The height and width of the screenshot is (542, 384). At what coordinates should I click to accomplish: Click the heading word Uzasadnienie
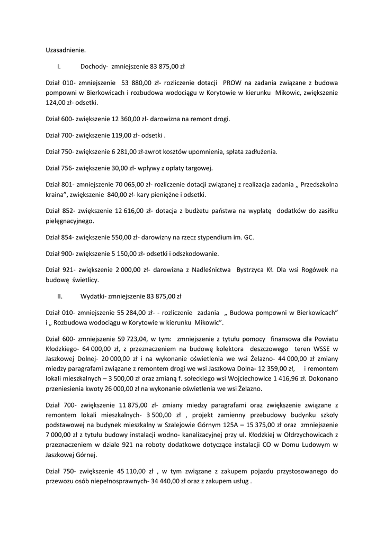pos(66,50)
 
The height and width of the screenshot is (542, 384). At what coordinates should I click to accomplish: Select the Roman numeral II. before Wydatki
pos(60,296)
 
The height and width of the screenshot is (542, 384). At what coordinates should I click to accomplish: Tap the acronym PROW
pos(233,83)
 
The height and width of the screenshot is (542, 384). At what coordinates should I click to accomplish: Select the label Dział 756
pos(60,168)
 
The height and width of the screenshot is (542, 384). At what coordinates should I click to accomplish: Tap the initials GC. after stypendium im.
pos(249,237)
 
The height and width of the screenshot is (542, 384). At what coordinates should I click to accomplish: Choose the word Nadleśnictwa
pos(209,270)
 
